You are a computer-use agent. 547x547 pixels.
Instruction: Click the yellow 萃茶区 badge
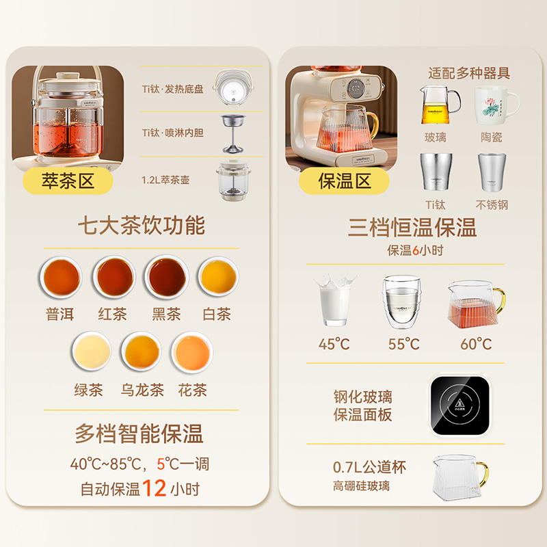click(x=67, y=181)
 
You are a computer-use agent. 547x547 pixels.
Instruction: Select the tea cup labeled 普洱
click(x=62, y=278)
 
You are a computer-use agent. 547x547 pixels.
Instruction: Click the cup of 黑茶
click(x=167, y=278)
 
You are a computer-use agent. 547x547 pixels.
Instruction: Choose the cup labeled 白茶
click(x=219, y=278)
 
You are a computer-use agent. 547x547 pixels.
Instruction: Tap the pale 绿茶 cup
click(x=91, y=351)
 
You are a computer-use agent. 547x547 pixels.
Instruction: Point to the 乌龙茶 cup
click(x=142, y=351)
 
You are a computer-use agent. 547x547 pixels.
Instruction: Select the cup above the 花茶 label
click(x=192, y=351)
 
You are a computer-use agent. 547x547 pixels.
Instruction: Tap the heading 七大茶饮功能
click(x=142, y=226)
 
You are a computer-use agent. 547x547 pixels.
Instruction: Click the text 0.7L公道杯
click(x=369, y=467)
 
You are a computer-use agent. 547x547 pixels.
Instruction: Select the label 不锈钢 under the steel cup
click(x=492, y=204)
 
